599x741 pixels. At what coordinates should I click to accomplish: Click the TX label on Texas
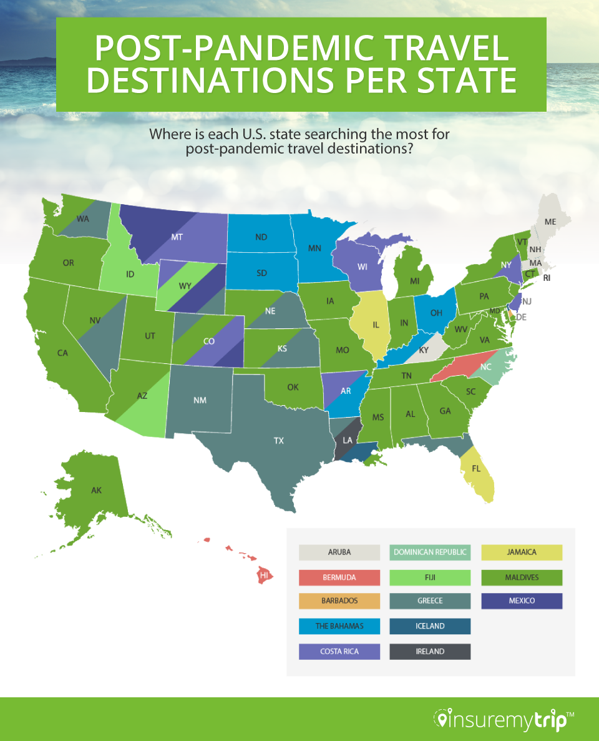(x=278, y=441)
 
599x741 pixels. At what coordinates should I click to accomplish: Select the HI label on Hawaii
(x=265, y=575)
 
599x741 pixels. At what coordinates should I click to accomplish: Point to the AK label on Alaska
(x=96, y=491)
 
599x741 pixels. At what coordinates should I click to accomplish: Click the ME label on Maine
(x=550, y=222)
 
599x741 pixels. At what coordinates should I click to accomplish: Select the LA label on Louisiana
(x=348, y=441)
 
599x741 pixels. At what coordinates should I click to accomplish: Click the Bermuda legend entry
(x=339, y=577)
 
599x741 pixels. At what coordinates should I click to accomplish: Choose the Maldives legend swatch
(x=522, y=577)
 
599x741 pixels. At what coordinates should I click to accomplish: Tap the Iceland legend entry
(x=430, y=626)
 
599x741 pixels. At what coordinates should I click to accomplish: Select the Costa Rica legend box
(x=339, y=651)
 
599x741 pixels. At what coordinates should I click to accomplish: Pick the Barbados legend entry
(x=339, y=601)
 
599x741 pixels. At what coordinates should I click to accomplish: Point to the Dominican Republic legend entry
(x=430, y=552)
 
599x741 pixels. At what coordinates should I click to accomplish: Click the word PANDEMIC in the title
(x=304, y=48)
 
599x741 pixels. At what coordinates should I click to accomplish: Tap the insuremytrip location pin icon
(x=442, y=720)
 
